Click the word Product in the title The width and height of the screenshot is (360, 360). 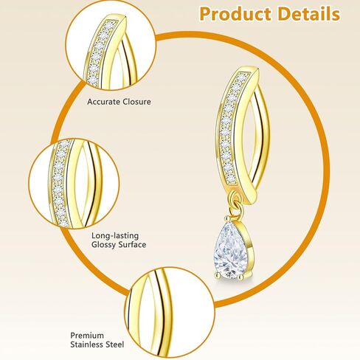[236, 14]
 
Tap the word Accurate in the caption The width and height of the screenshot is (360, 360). [103, 102]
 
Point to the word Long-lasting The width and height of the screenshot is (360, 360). [115, 236]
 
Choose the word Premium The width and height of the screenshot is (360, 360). [87, 336]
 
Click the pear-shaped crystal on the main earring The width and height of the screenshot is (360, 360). [230, 249]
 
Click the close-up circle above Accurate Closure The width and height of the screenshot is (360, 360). [111, 45]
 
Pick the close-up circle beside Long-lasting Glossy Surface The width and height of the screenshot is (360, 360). [75, 184]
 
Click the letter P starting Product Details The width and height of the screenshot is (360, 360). [206, 14]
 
